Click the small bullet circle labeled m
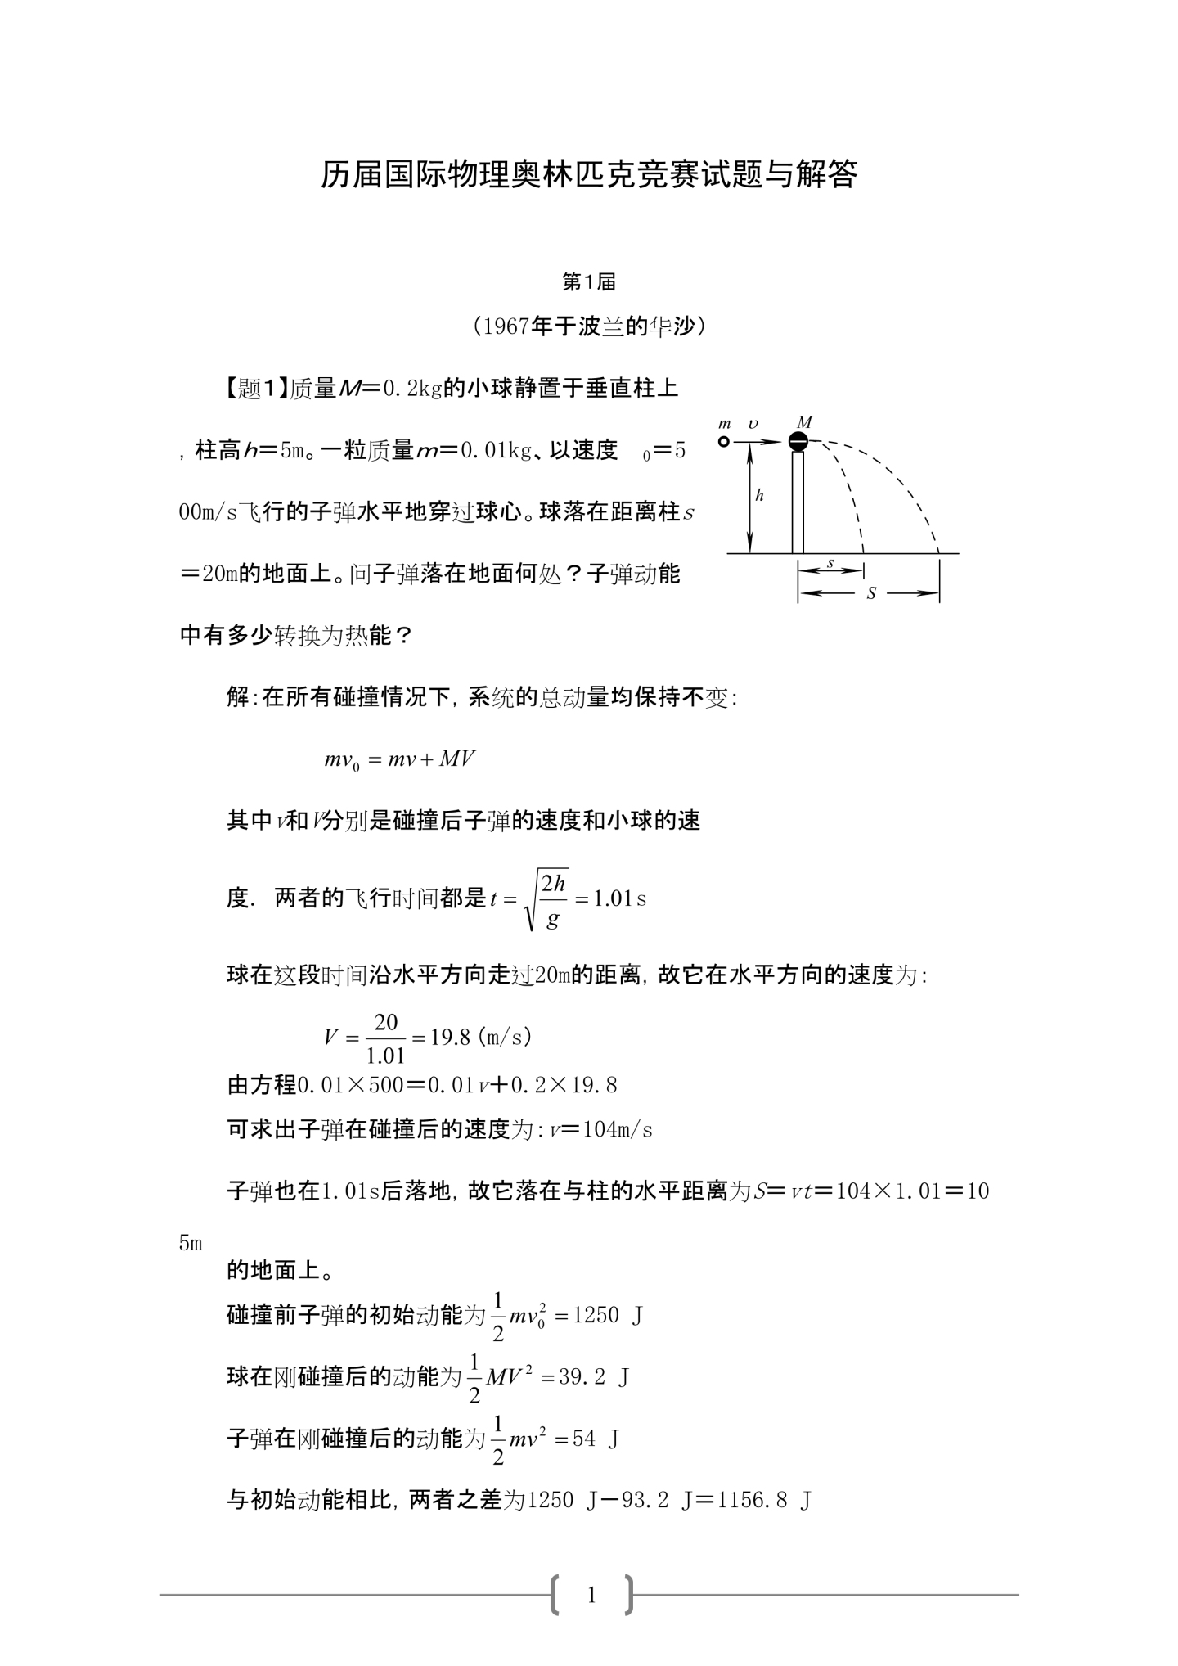(x=723, y=442)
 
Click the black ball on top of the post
(x=798, y=442)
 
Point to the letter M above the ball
(x=804, y=422)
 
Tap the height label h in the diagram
(x=759, y=495)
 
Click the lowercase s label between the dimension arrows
(x=830, y=563)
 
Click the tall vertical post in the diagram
(x=798, y=502)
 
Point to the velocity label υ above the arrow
(x=753, y=424)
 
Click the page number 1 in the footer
(x=591, y=1595)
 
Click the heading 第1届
(x=589, y=282)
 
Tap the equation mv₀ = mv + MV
(x=399, y=759)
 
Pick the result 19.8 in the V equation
(x=451, y=1037)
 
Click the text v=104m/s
(x=600, y=1130)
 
